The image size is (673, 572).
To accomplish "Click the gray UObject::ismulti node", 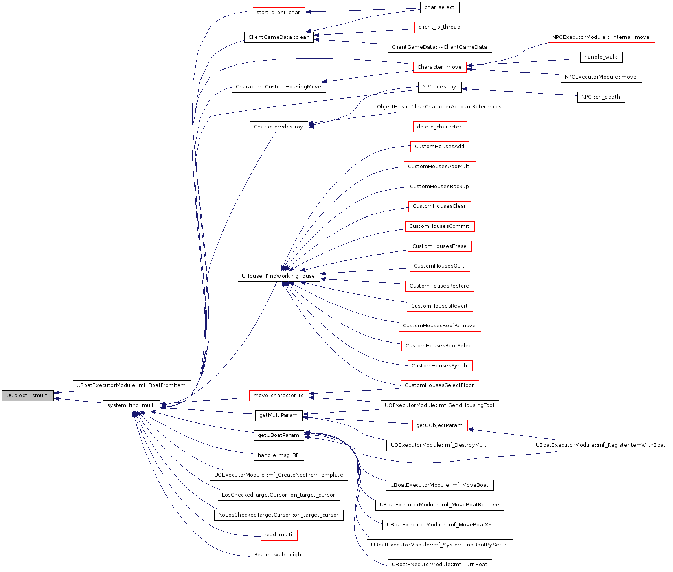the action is click(28, 396).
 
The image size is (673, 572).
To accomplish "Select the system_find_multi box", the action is click(131, 405).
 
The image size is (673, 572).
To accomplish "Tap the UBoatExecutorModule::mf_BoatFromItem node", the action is click(131, 385).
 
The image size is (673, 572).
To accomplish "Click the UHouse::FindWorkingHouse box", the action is click(279, 276).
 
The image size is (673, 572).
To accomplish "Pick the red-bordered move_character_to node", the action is click(279, 396).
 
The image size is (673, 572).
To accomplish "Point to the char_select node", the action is click(439, 7).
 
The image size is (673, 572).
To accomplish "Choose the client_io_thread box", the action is click(439, 27).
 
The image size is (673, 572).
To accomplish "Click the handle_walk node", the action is click(601, 57).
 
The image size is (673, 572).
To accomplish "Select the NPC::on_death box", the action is click(601, 97).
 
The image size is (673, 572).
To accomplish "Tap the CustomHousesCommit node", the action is click(439, 226).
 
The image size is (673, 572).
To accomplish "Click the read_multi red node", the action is click(279, 535).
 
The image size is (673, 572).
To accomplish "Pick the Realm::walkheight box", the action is click(279, 555).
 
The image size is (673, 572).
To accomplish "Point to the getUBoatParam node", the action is click(279, 435).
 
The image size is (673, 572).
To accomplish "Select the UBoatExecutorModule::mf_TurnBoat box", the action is click(439, 565).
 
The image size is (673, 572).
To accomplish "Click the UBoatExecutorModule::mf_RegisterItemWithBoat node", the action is click(601, 445).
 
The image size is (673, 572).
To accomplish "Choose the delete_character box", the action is click(439, 127).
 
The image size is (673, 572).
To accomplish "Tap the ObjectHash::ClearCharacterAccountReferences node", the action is click(439, 107).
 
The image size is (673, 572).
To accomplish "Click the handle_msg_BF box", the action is click(279, 455).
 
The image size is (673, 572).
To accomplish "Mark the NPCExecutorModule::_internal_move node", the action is click(601, 37).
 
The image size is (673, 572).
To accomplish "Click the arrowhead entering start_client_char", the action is click(308, 12).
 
